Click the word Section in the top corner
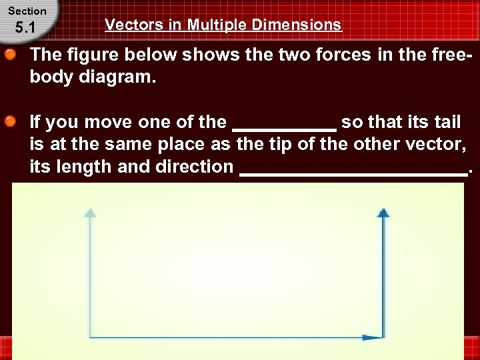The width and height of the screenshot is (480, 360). (x=27, y=11)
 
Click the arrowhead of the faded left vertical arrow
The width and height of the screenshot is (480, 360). (x=90, y=213)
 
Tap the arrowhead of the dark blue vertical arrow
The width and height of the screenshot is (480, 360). (x=383, y=213)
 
